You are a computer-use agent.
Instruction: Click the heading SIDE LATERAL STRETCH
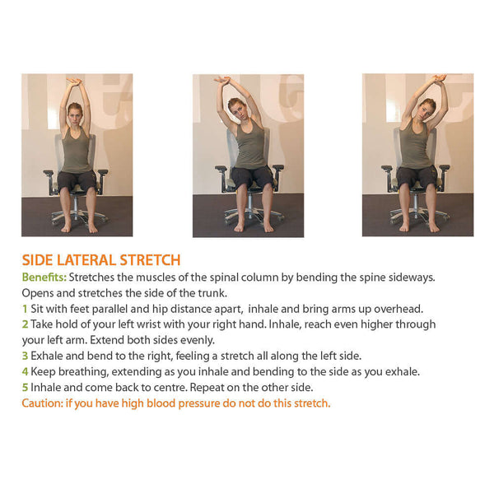(101, 260)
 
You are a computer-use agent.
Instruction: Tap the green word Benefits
(43, 277)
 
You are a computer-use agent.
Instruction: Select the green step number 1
(25, 309)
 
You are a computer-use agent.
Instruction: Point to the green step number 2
(26, 324)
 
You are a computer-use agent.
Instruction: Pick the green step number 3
(26, 356)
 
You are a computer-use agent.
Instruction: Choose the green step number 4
(26, 371)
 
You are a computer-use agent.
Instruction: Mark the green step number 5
(26, 387)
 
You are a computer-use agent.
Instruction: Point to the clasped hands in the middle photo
(224, 80)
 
